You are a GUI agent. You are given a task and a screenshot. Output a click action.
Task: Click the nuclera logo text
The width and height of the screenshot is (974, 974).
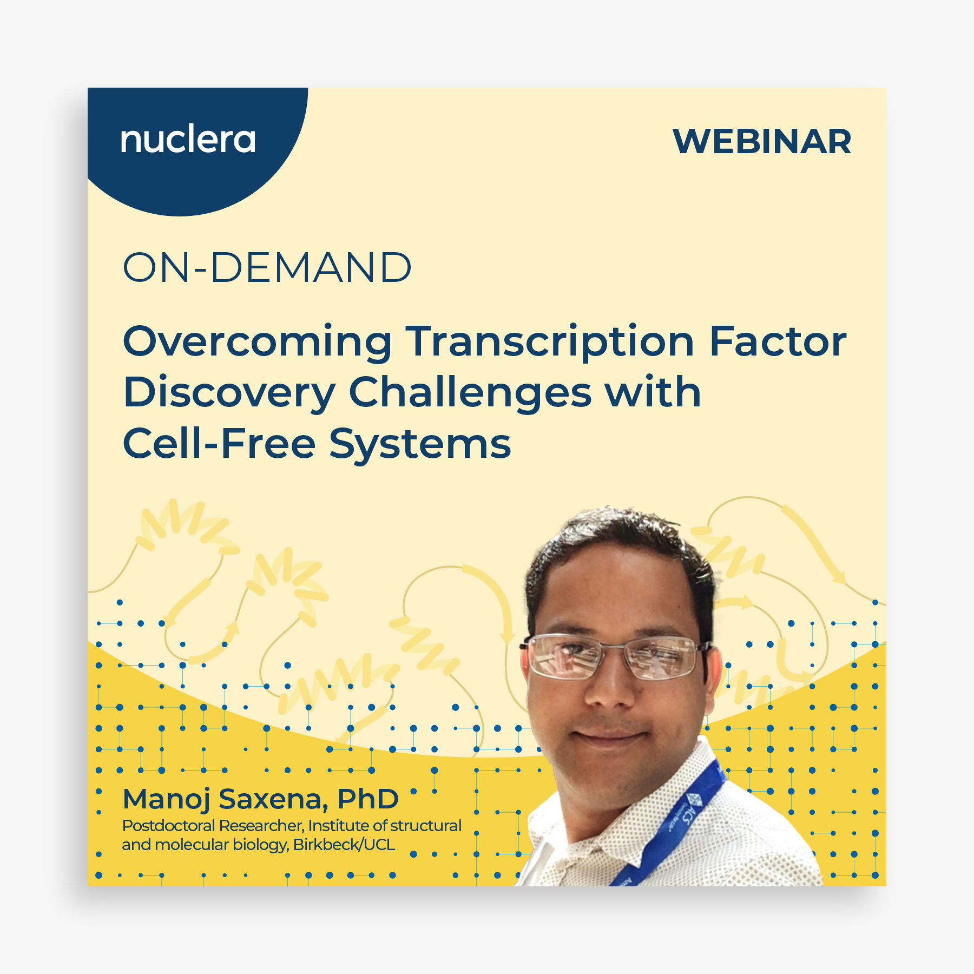pos(188,140)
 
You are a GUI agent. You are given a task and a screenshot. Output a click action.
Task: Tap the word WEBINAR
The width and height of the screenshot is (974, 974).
pos(762,142)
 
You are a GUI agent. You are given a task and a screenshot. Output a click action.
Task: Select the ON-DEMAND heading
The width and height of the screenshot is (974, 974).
pos(267,267)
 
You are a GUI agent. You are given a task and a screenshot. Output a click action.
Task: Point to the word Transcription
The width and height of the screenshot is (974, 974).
pos(550,343)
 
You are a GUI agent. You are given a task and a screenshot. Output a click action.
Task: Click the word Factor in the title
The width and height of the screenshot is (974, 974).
pos(778,341)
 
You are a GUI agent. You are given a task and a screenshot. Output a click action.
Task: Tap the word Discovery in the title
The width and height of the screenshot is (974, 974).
pos(229,393)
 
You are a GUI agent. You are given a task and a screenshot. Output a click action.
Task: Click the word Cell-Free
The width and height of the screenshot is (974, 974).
pos(219,444)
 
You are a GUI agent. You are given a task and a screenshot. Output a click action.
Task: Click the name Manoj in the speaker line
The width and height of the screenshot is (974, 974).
pos(166,800)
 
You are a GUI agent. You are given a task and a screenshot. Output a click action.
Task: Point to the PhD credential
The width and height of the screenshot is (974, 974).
pos(368,799)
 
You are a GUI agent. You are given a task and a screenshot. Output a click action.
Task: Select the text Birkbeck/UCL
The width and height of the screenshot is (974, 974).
pos(344,845)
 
